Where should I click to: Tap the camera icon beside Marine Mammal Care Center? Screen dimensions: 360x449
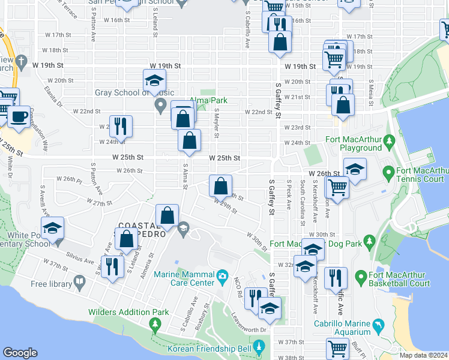pos(223,277)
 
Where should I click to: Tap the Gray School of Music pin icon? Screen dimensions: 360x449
pos(160,107)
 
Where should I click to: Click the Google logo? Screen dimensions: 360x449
pos(20,353)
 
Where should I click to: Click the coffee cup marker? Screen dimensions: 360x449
pos(18,116)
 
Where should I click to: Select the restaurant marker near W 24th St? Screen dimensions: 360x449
pos(121,126)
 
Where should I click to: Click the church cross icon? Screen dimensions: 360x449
pos(22,61)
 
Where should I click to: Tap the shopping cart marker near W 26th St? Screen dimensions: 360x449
pos(337,187)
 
